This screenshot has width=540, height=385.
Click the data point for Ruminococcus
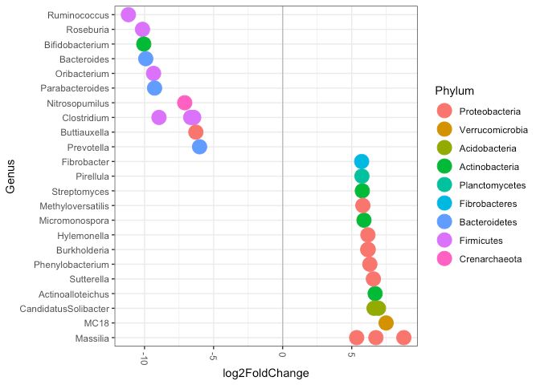128,14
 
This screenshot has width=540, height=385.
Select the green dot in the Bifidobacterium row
144,44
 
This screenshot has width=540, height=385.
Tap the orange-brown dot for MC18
386,323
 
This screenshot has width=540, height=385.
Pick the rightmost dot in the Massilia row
403,338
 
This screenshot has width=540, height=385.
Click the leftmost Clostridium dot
159,117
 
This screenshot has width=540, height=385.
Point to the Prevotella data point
199,147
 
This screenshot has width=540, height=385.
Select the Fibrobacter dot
362,161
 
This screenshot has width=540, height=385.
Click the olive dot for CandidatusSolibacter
376,308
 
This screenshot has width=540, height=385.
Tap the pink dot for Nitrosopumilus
184,103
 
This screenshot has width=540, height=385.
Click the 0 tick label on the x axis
283,355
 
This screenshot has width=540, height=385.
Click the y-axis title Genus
11,176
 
